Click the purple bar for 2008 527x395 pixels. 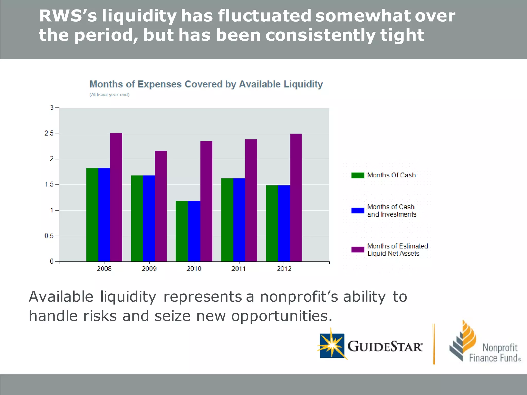coord(116,197)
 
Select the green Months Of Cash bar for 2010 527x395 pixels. coord(182,231)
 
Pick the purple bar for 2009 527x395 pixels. coord(161,206)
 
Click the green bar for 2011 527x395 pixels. coord(227,220)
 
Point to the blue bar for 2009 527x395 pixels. coord(149,218)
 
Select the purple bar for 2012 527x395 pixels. coord(296,197)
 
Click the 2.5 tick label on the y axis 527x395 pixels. coord(49,133)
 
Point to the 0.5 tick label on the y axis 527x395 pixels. coord(49,236)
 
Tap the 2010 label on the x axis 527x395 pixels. coord(194,269)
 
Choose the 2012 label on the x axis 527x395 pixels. coord(284,269)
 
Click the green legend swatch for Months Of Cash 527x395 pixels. coord(358,175)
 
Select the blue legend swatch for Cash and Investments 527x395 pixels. coord(358,211)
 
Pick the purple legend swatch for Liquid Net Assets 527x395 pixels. coord(358,249)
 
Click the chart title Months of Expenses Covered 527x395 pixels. coord(206,84)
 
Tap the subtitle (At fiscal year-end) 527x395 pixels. coord(109,95)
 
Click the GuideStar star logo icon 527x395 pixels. coord(332,345)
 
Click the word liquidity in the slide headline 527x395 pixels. coord(139,16)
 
